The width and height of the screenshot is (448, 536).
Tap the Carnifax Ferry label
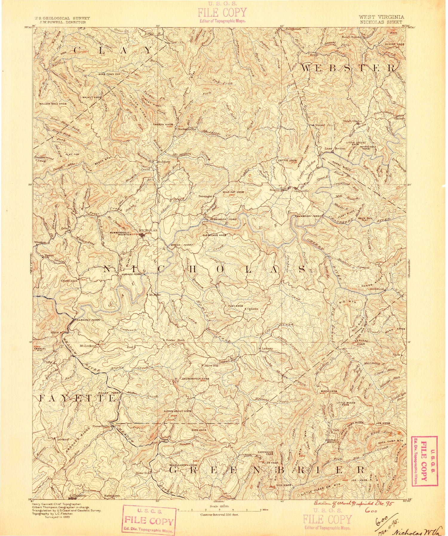click(x=88, y=320)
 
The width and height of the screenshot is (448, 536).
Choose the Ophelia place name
click(x=252, y=309)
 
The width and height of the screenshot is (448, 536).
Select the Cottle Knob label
click(x=287, y=160)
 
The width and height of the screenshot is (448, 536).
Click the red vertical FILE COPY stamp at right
click(x=424, y=461)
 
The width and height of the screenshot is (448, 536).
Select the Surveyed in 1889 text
click(x=58, y=517)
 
